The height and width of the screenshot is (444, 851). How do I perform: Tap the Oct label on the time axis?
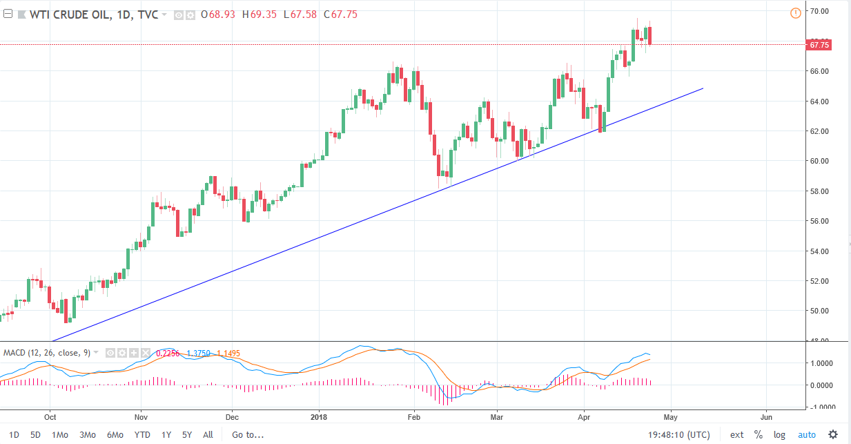click(49, 417)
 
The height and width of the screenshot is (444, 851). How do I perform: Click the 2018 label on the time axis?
click(318, 417)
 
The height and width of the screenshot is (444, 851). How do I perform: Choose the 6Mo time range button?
click(115, 435)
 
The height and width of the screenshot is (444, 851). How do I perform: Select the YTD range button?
click(142, 435)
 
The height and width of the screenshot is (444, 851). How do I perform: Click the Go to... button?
click(248, 435)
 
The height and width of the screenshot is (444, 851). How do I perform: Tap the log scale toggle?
click(779, 435)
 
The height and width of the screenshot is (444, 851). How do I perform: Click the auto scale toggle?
click(806, 435)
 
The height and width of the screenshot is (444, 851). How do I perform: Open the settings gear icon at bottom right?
click(833, 435)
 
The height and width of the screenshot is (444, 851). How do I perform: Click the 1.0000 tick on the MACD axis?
click(821, 363)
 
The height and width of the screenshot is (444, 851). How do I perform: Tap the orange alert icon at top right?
click(795, 12)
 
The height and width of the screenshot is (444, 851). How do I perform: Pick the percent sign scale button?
click(758, 435)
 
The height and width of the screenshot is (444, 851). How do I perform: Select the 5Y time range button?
click(187, 435)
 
